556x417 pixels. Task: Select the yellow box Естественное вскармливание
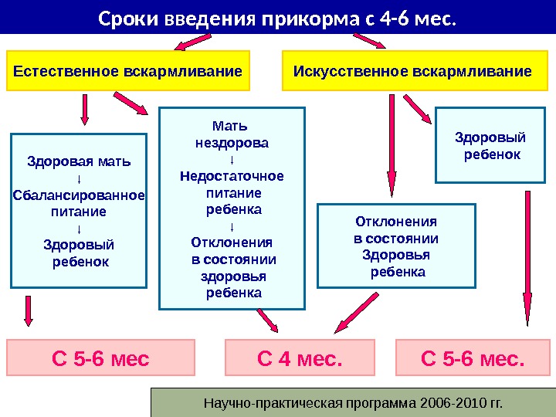click(x=128, y=72)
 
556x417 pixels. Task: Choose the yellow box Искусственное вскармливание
click(x=412, y=72)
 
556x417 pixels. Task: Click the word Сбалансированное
click(x=79, y=195)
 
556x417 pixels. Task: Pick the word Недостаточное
click(x=232, y=176)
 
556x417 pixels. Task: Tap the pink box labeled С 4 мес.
click(x=299, y=359)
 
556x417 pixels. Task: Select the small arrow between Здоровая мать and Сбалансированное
click(x=79, y=178)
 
